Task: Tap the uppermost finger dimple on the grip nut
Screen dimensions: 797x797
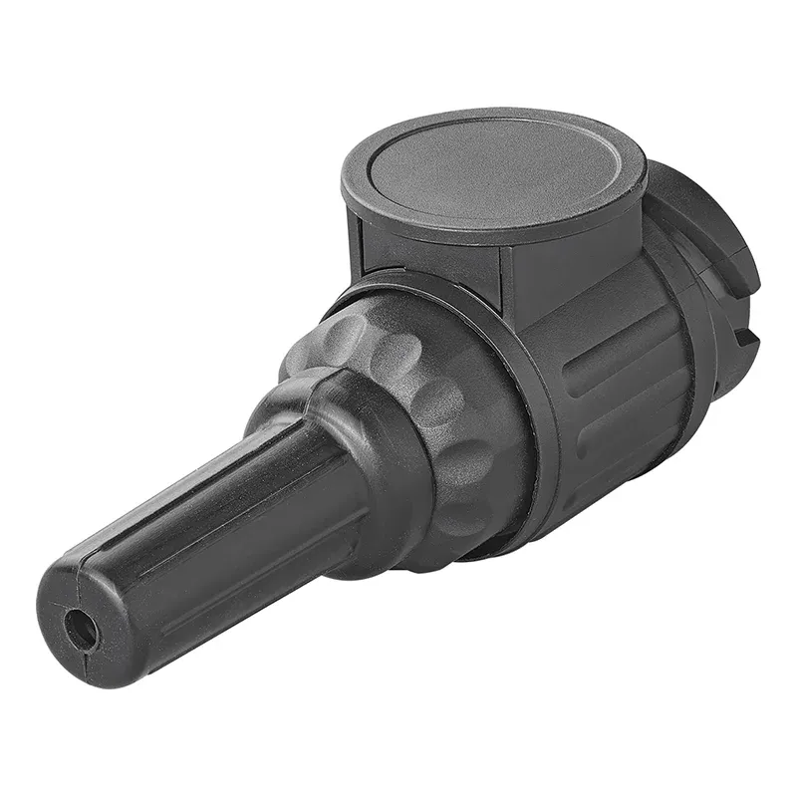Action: (344, 334)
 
